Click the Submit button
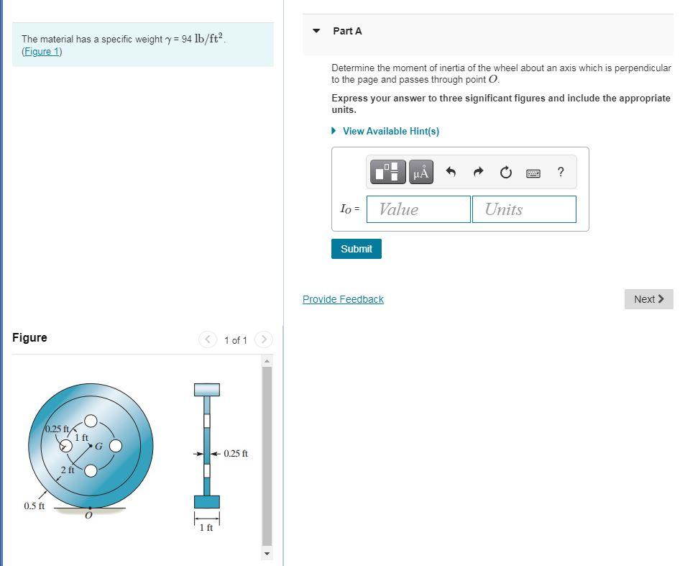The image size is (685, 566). (356, 249)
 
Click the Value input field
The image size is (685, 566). (418, 209)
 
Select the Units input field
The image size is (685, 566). (523, 209)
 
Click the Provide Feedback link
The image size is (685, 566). (343, 299)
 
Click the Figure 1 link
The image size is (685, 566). (42, 52)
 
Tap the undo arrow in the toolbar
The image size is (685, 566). (451, 172)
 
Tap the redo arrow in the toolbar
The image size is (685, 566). (478, 172)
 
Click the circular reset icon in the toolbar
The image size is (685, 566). (505, 172)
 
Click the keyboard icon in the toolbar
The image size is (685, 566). (533, 173)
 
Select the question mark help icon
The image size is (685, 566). (561, 172)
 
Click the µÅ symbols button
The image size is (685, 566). (421, 172)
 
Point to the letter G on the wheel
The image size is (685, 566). (99, 446)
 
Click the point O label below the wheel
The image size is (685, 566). (88, 516)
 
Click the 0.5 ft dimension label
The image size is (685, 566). (34, 506)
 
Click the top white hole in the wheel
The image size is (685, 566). (91, 421)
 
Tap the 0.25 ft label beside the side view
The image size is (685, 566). (236, 454)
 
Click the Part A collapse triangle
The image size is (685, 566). (316, 31)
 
